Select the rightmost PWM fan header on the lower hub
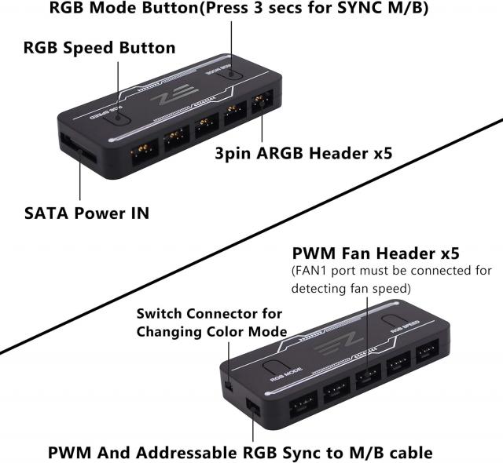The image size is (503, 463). click(x=428, y=355)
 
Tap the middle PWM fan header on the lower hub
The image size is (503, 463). click(x=368, y=380)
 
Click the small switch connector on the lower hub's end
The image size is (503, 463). click(x=227, y=384)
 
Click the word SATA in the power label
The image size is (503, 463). click(x=46, y=213)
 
